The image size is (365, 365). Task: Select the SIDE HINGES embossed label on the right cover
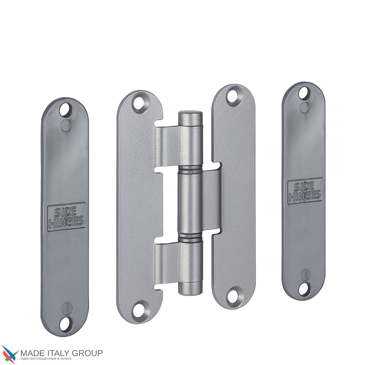tap(305, 191)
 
